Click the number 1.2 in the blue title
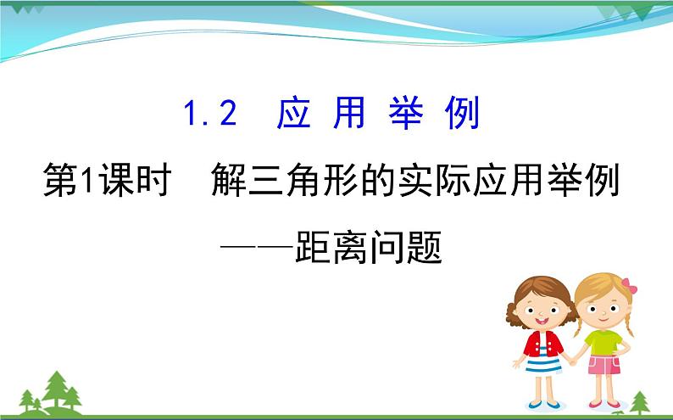pos(211,114)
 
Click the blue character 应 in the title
pos(294,114)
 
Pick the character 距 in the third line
pos(315,247)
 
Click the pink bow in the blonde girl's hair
pos(628,286)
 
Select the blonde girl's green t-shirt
pos(603,341)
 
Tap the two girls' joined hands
pos(572,360)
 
